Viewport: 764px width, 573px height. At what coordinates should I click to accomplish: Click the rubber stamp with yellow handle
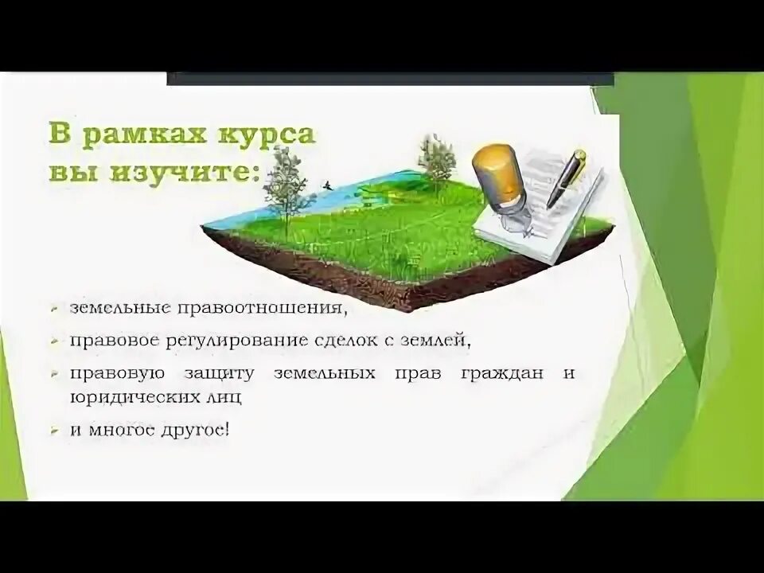pyautogui.click(x=497, y=183)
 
